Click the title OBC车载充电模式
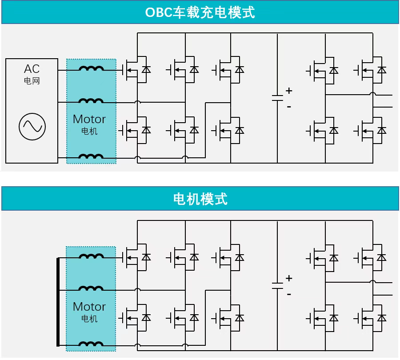200,12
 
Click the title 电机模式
200,199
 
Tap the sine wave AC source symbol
32,126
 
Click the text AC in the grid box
32,69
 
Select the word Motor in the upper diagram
89,119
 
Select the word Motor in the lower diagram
89,307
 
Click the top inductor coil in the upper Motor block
92,68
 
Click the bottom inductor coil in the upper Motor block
92,156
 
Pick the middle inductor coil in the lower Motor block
92,289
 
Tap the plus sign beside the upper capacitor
289,91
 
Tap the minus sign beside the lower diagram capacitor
289,294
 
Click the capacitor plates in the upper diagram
277,98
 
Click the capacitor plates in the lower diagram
277,285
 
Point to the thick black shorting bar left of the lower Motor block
58,302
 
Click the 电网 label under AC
32,81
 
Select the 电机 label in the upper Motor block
89,131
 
